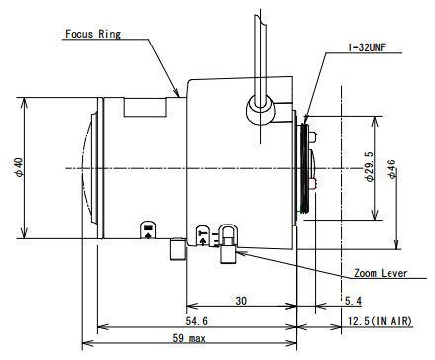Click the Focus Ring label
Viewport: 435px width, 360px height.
click(93, 34)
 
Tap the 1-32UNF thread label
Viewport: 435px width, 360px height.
click(367, 47)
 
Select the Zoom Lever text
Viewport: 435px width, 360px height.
click(381, 273)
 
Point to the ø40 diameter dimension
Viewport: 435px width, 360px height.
click(19, 167)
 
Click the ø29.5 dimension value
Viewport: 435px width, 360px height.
click(369, 166)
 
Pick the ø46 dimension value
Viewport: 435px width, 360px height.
click(392, 169)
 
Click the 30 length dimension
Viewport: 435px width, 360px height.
click(241, 301)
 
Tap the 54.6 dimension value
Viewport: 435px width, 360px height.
click(197, 321)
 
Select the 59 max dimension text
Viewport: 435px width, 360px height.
click(189, 338)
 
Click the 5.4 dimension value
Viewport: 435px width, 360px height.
click(353, 301)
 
